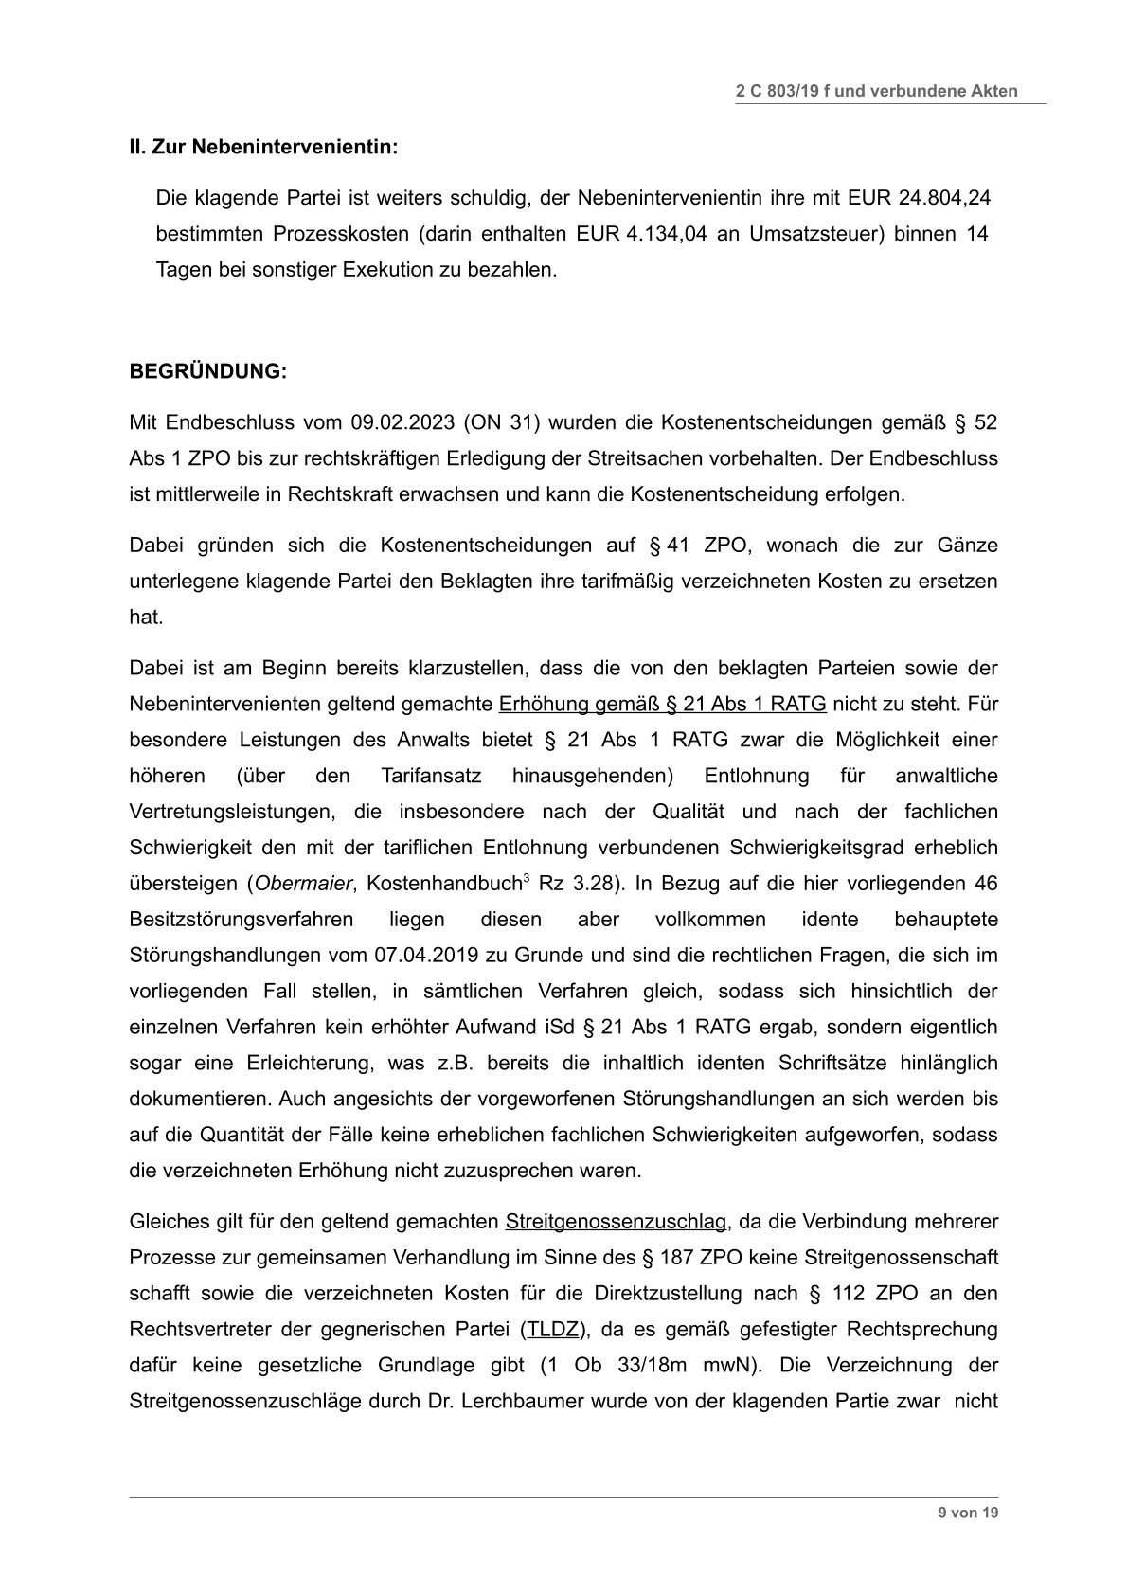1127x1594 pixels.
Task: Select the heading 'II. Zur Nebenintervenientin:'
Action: [263, 148]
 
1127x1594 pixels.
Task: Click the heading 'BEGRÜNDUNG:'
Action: [207, 371]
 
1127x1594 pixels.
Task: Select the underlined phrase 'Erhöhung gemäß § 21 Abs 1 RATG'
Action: [662, 703]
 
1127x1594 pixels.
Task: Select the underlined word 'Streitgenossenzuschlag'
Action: [616, 1222]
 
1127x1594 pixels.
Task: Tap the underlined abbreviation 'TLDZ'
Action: [552, 1329]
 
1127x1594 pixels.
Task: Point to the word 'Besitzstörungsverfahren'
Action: [241, 920]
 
